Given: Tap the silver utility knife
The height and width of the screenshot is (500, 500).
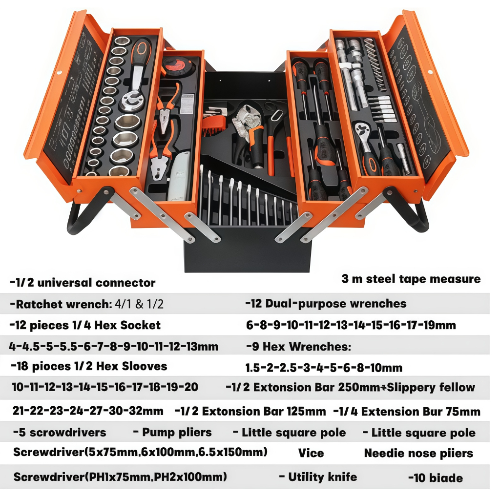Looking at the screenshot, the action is (179, 177).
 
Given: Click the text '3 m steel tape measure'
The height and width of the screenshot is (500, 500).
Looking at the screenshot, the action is (411, 279).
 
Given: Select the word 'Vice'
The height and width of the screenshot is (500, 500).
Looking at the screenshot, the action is (311, 453).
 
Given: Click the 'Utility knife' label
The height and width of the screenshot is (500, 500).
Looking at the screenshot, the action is (322, 477).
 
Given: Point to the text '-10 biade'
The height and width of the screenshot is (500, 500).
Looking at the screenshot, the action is (435, 478).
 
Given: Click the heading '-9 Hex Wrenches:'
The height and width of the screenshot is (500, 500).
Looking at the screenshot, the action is (298, 346).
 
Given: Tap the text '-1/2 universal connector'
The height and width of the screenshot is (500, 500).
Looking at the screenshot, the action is (83, 283).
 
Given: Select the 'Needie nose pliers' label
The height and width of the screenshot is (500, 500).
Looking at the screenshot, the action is (418, 453).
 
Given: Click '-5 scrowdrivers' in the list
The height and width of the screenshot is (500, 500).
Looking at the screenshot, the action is (60, 433).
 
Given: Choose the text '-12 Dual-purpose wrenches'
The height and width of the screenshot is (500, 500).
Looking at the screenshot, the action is (326, 304).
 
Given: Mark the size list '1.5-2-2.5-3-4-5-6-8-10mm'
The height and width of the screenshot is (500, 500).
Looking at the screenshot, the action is (324, 368).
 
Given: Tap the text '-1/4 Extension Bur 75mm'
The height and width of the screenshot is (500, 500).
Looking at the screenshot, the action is (407, 411).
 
